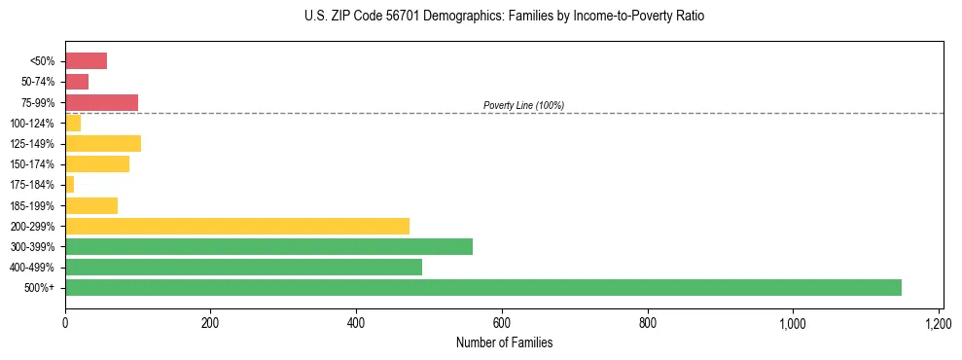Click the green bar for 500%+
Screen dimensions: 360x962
483,287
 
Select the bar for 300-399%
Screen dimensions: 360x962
268,246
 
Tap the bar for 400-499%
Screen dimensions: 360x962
243,267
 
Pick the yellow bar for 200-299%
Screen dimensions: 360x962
237,226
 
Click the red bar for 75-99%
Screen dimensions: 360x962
101,102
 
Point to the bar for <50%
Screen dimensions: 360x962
86,61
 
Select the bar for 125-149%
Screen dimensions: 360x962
103,144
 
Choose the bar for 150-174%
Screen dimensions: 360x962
97,164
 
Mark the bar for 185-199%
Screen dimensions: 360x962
91,205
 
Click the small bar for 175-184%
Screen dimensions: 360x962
69,185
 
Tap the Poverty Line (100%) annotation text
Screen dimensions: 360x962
523,105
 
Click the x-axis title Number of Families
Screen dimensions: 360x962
504,342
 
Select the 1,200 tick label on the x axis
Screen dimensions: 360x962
939,322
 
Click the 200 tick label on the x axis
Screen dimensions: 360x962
210,322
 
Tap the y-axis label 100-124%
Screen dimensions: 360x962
38,124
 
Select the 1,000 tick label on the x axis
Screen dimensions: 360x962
793,322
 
